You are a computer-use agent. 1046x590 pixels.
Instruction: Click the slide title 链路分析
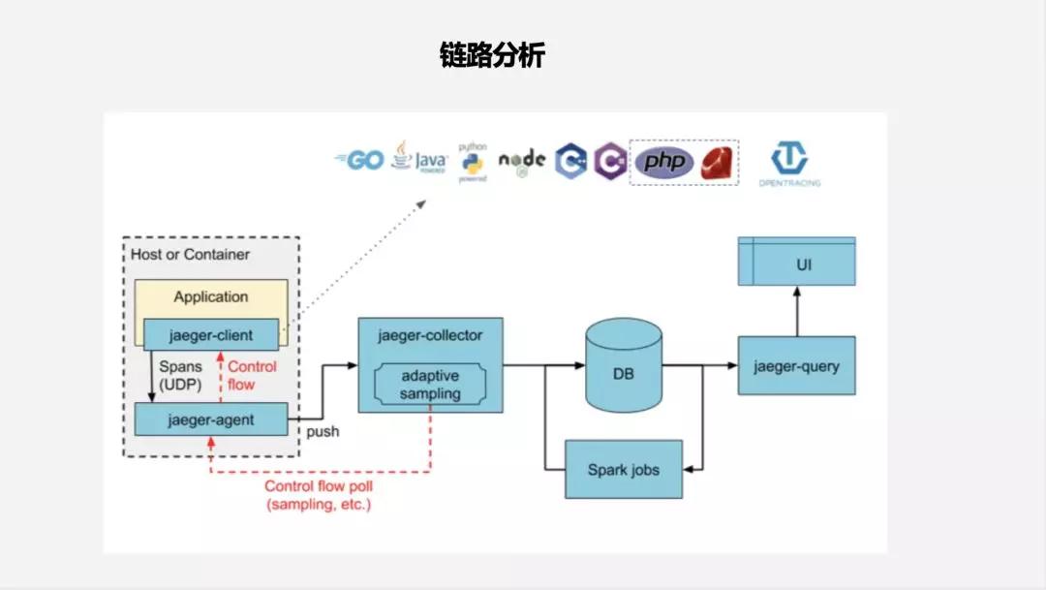pyautogui.click(x=492, y=56)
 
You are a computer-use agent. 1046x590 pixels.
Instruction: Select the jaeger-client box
pyautogui.click(x=210, y=335)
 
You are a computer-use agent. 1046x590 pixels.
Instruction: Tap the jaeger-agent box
pyautogui.click(x=210, y=419)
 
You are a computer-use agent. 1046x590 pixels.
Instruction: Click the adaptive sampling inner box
pyautogui.click(x=430, y=385)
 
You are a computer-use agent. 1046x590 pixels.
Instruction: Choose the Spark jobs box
pyautogui.click(x=623, y=470)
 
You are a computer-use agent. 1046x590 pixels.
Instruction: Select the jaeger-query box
pyautogui.click(x=796, y=366)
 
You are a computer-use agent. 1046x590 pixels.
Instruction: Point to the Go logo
pyautogui.click(x=359, y=160)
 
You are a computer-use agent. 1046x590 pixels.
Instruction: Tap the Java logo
pyautogui.click(x=418, y=159)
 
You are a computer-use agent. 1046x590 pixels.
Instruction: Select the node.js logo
pyautogui.click(x=522, y=161)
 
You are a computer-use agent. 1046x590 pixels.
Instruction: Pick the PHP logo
pyautogui.click(x=663, y=161)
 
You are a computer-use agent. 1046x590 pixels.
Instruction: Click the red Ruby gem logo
pyautogui.click(x=719, y=161)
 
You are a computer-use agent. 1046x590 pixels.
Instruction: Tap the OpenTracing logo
pyautogui.click(x=789, y=163)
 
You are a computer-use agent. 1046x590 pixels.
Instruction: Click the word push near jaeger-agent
pyautogui.click(x=323, y=431)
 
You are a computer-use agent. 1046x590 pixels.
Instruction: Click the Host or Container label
pyautogui.click(x=190, y=254)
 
